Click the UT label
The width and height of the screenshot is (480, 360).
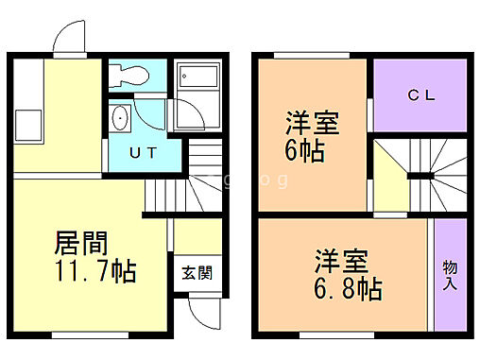coord(143,151)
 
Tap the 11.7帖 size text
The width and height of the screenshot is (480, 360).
coord(94,274)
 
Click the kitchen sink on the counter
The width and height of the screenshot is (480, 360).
coord(27,123)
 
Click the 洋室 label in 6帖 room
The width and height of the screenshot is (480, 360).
coord(312,124)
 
